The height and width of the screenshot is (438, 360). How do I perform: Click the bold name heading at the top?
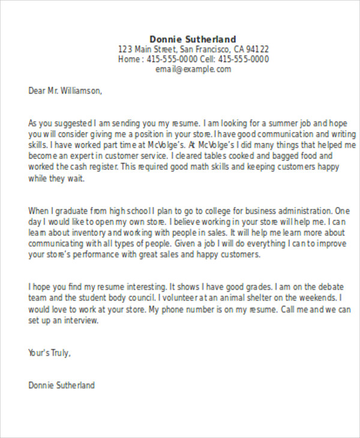tap(193, 39)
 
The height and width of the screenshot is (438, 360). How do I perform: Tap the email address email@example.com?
tap(193, 70)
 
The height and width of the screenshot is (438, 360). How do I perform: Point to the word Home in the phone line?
tap(129, 59)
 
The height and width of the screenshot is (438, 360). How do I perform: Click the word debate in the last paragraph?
tap(328, 287)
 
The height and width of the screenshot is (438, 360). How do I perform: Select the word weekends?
tap(317, 298)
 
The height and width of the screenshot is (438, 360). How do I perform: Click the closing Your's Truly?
tap(50, 353)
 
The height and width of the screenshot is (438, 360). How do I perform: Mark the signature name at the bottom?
tap(62, 385)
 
